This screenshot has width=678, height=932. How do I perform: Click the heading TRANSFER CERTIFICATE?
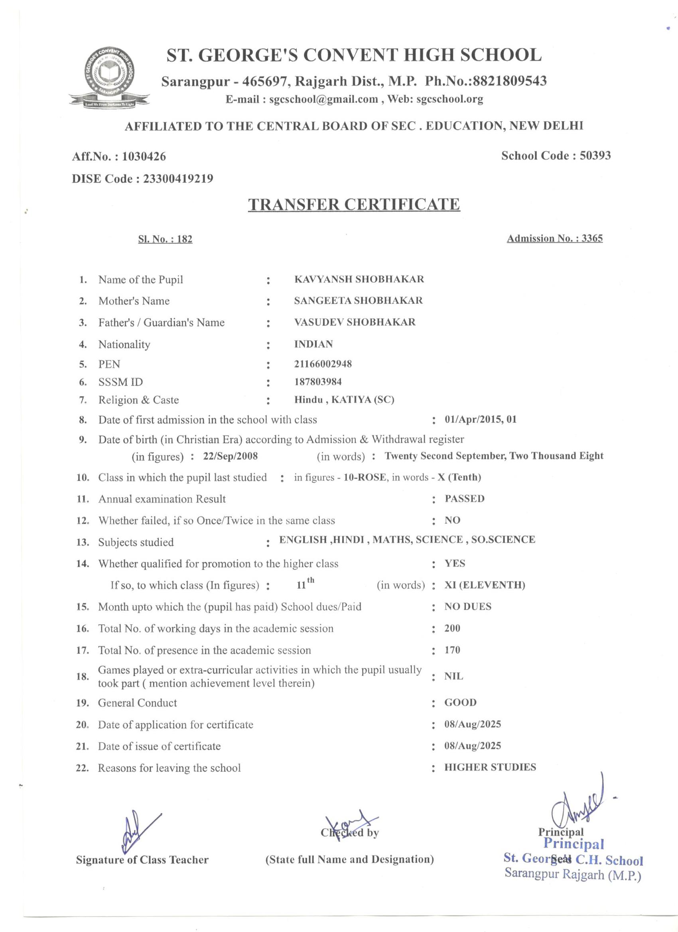[x=354, y=204]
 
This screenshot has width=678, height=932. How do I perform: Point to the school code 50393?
[x=595, y=156]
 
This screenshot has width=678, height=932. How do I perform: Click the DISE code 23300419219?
[x=177, y=179]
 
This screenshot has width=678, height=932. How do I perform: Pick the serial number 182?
[x=185, y=239]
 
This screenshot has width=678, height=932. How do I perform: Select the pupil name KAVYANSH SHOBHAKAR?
[x=359, y=279]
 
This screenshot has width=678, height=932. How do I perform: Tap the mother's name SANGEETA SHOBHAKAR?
[x=358, y=301]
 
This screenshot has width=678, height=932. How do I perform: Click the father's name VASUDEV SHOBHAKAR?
[x=355, y=322]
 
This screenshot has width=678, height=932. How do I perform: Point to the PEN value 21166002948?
[x=323, y=364]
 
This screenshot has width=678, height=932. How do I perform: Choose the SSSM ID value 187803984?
[x=317, y=382]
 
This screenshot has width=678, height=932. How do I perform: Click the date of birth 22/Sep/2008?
[x=230, y=456]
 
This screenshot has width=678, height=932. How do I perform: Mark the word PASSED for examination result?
[x=464, y=498]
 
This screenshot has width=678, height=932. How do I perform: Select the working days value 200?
[x=452, y=628]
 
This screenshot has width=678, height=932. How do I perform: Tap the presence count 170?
[x=452, y=650]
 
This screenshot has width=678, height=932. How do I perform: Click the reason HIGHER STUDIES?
[x=490, y=767]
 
